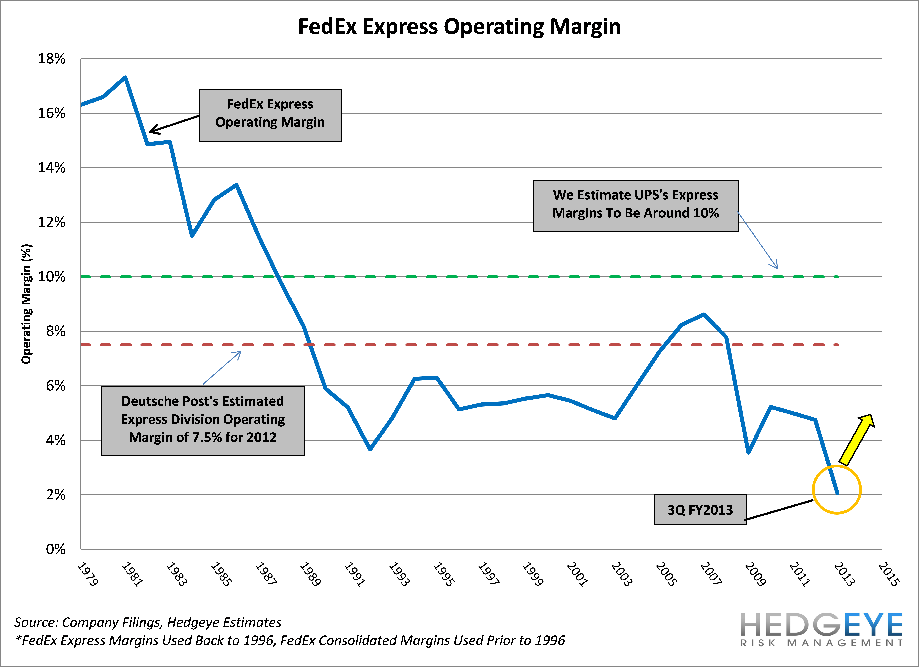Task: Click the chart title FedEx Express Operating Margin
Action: coord(459,27)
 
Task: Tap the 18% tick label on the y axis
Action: coord(51,59)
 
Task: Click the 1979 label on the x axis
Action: coord(88,573)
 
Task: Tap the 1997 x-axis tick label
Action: coord(488,573)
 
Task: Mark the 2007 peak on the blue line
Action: coord(704,314)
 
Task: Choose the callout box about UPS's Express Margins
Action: coord(635,206)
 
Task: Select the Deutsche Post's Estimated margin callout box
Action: coord(203,421)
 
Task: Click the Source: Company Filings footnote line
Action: coord(148,622)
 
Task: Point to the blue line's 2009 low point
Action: coord(748,452)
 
